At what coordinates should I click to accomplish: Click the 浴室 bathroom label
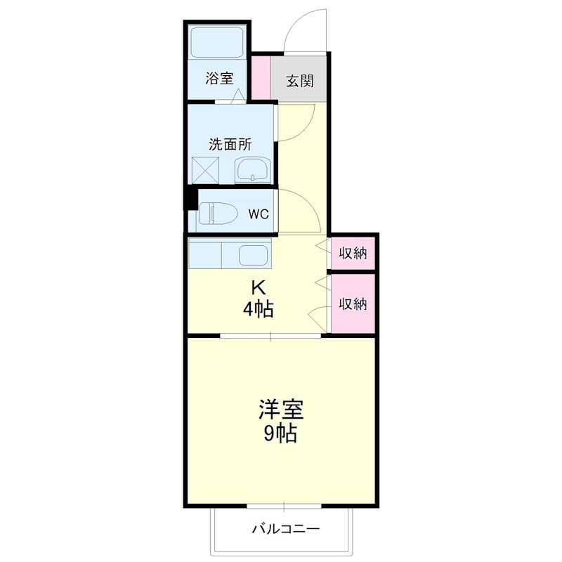click(219, 79)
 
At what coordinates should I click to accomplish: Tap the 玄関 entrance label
click(299, 81)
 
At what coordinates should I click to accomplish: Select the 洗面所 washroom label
click(230, 145)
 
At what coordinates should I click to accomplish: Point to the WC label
click(258, 214)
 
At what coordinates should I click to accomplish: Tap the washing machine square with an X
click(207, 170)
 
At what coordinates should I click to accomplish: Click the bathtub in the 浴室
click(218, 44)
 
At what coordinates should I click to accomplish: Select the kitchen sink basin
click(253, 255)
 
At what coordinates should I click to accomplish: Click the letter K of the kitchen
click(259, 287)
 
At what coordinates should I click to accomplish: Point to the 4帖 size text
click(259, 308)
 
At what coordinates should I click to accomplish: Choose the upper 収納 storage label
click(353, 254)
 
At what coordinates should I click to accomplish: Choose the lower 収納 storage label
click(353, 303)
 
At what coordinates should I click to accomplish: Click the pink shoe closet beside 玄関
click(261, 76)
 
